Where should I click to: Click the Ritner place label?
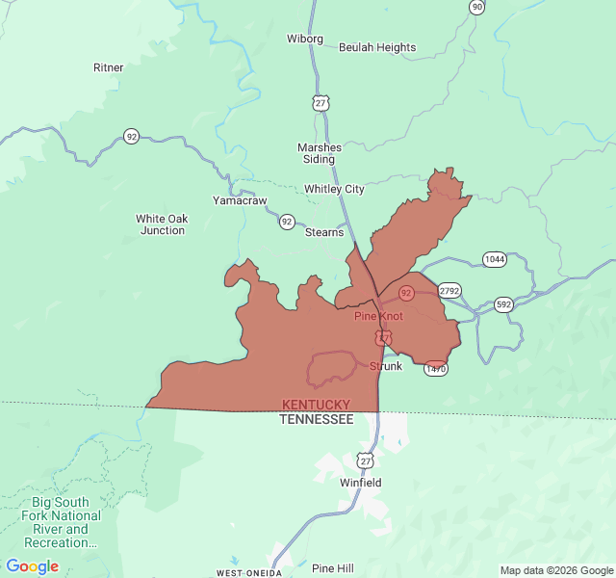(108, 67)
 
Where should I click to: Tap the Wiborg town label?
(305, 39)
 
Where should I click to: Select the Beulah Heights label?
(377, 47)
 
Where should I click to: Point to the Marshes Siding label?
(320, 153)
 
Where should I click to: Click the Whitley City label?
(334, 189)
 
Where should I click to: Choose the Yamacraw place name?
(240, 200)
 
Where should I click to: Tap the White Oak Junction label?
(162, 224)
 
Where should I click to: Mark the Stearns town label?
(324, 232)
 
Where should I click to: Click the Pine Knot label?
(378, 316)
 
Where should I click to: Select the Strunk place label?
(386, 366)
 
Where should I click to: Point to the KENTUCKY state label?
(316, 405)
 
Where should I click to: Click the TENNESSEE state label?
(316, 419)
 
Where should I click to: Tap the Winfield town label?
(361, 482)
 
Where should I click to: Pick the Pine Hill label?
(333, 568)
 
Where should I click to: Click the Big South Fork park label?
(60, 522)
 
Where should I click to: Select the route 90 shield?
(477, 7)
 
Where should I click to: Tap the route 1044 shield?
(495, 259)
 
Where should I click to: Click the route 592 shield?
(503, 304)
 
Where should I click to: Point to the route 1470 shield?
(436, 368)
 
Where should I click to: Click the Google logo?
(33, 566)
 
